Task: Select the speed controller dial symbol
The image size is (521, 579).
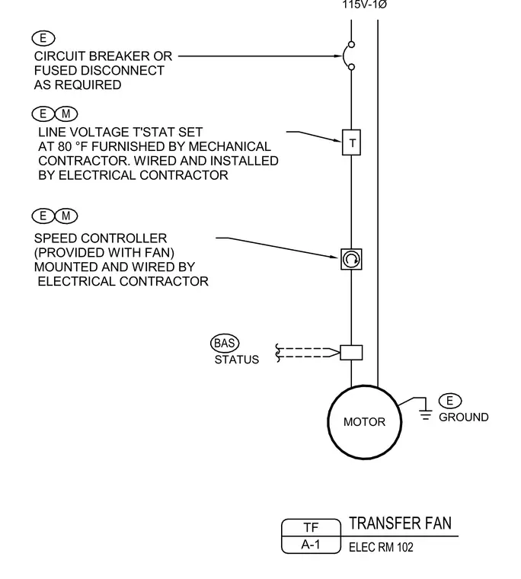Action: pyautogui.click(x=351, y=259)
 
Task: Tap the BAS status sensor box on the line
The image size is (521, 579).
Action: pyautogui.click(x=351, y=353)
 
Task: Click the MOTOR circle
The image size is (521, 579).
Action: pyautogui.click(x=364, y=422)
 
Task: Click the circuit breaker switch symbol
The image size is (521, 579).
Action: pyautogui.click(x=348, y=56)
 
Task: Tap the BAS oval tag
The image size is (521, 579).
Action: pyautogui.click(x=225, y=344)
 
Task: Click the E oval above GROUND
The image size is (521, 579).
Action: pyautogui.click(x=449, y=401)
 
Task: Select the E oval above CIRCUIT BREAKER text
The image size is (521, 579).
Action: pyautogui.click(x=43, y=38)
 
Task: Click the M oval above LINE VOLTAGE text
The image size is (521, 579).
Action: pyautogui.click(x=66, y=114)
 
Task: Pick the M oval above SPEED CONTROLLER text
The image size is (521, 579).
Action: pyautogui.click(x=66, y=216)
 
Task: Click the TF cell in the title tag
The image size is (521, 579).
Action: pyautogui.click(x=311, y=527)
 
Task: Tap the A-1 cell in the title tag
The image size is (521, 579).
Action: pyautogui.click(x=311, y=545)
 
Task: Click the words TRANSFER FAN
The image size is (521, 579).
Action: pyautogui.click(x=400, y=523)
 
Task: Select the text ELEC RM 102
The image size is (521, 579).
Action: pyautogui.click(x=381, y=547)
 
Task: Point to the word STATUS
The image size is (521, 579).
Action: pyautogui.click(x=237, y=360)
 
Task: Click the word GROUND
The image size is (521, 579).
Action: pyautogui.click(x=463, y=417)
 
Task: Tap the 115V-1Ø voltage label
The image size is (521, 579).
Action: pyautogui.click(x=364, y=5)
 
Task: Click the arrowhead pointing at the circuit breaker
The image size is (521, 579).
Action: pyautogui.click(x=338, y=56)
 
